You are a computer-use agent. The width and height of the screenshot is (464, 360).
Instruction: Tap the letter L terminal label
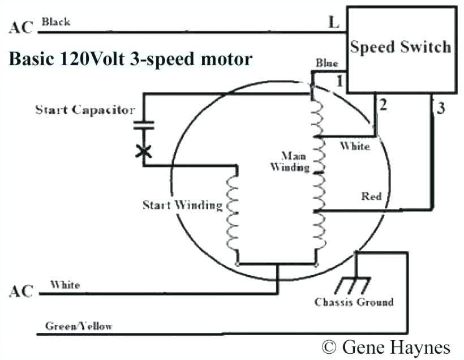(333, 23)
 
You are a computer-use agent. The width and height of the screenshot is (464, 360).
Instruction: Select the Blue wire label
(327, 63)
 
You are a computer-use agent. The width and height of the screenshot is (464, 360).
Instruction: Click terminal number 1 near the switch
(340, 81)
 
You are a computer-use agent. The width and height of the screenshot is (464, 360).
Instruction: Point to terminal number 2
(383, 105)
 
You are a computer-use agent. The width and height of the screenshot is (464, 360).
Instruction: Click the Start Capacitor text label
(85, 109)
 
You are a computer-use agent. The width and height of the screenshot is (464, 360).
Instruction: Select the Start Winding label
(182, 204)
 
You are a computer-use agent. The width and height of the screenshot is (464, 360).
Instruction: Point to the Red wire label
(371, 196)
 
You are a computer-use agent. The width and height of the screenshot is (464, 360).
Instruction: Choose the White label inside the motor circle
(354, 146)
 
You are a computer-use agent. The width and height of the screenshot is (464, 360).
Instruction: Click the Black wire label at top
(56, 22)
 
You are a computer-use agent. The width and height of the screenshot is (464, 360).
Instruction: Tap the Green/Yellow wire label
(79, 326)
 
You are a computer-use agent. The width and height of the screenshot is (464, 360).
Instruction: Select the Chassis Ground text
(354, 302)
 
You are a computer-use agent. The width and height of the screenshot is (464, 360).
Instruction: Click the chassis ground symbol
(355, 283)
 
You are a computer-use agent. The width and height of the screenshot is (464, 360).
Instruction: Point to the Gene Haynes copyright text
(386, 346)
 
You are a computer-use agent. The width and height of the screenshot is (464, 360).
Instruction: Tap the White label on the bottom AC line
(65, 285)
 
